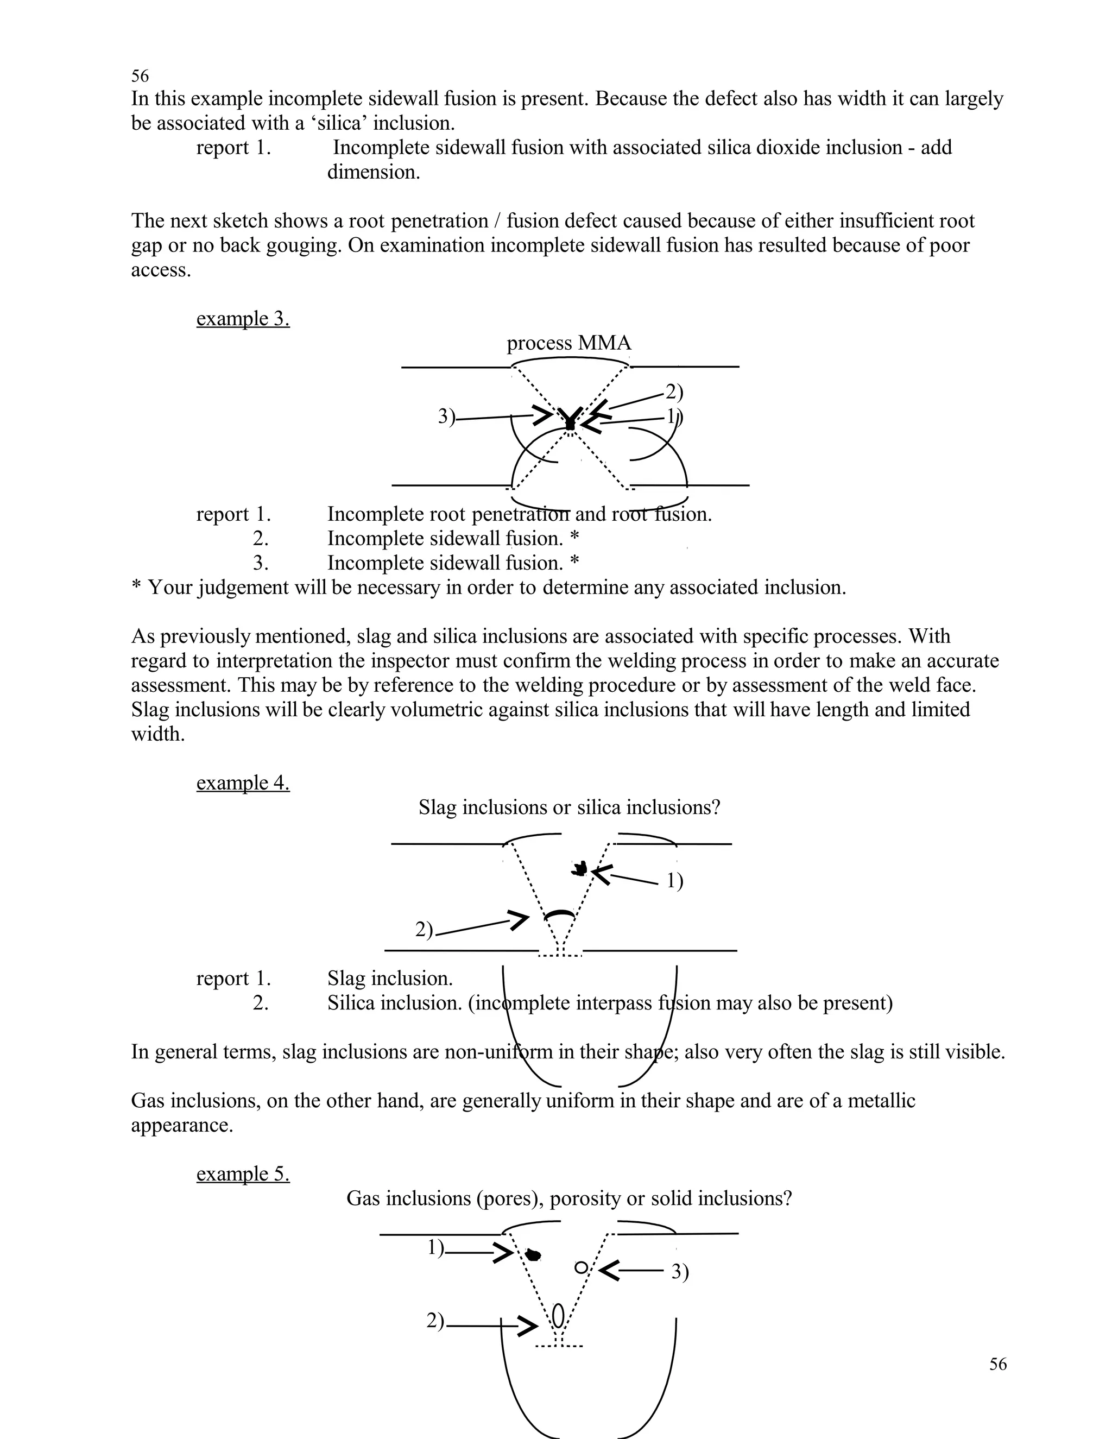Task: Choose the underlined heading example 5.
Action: tap(242, 1174)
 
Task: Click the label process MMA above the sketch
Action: tap(568, 343)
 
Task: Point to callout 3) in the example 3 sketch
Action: tap(447, 416)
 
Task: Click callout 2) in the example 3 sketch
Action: tap(674, 392)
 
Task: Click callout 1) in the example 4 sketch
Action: tap(674, 881)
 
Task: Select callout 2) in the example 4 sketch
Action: tap(424, 930)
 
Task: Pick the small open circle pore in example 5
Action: tap(580, 1267)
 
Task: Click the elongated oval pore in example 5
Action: tap(558, 1316)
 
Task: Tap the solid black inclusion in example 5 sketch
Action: tap(532, 1254)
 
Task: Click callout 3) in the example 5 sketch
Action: tap(680, 1272)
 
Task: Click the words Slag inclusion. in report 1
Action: tap(389, 979)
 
